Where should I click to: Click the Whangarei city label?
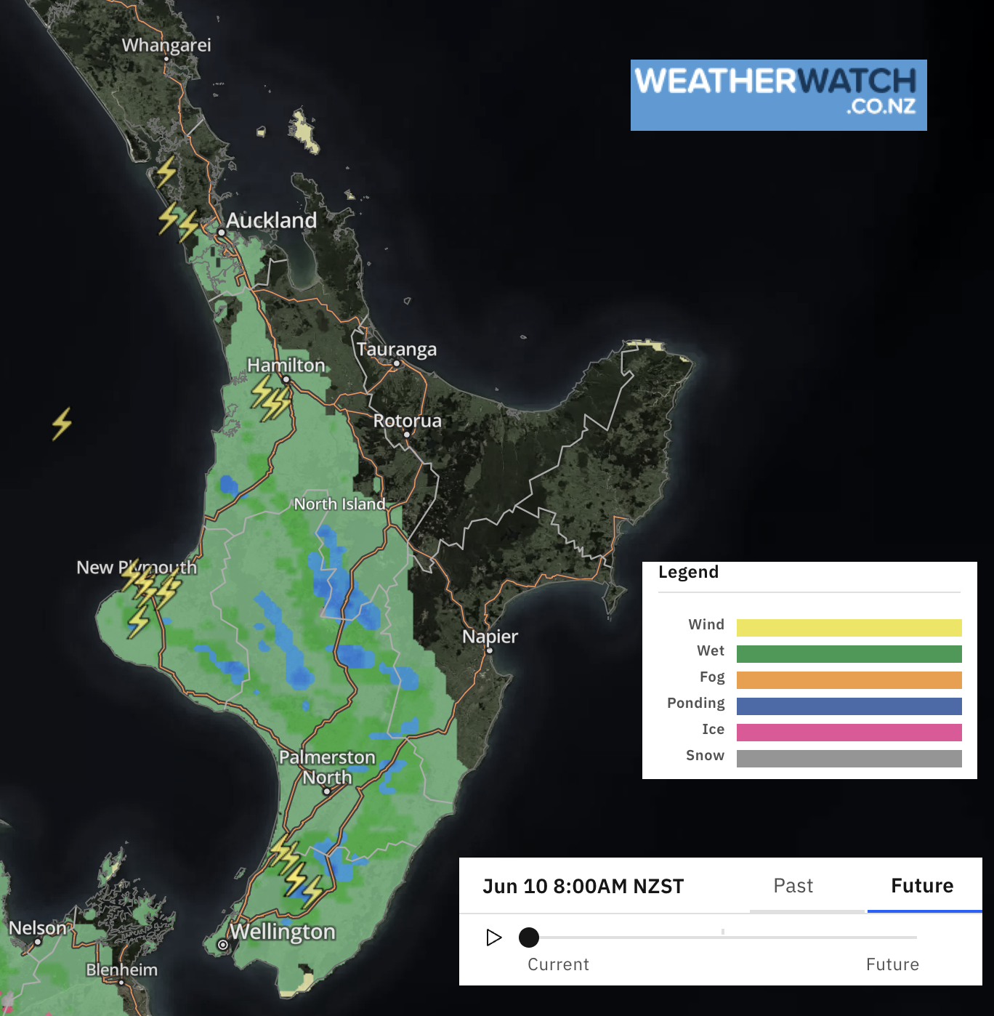click(166, 45)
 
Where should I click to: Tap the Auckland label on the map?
click(271, 220)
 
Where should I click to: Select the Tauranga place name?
click(397, 350)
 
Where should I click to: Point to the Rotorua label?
click(407, 421)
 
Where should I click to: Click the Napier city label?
click(490, 637)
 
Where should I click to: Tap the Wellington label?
click(282, 932)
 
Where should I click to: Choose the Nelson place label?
click(37, 928)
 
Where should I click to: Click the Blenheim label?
click(121, 969)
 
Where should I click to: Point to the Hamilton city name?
click(286, 365)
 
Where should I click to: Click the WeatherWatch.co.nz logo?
click(778, 95)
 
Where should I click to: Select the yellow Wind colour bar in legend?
click(849, 628)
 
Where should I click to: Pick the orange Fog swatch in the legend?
click(849, 680)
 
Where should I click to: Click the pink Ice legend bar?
click(849, 733)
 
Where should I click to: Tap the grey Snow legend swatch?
click(849, 759)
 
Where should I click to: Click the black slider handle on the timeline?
click(529, 938)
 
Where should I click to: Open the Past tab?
click(793, 886)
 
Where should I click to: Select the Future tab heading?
click(922, 886)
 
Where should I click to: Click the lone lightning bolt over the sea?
click(62, 424)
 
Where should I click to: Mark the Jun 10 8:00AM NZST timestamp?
click(583, 887)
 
